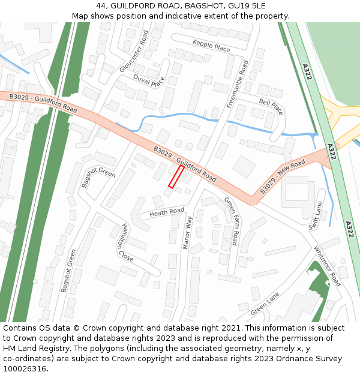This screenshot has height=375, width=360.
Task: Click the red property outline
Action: point(176,177)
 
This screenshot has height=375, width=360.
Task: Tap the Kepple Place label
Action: point(211,45)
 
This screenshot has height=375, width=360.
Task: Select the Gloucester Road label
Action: point(133,52)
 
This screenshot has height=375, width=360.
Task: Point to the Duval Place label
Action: point(149,81)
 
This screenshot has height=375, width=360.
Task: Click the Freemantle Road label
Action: point(237,84)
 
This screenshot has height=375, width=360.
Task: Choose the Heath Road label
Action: point(167,212)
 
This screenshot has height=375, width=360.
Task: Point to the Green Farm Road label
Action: point(231,221)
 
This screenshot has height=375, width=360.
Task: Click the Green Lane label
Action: point(265,304)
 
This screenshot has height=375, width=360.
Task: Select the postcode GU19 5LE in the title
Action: point(242,6)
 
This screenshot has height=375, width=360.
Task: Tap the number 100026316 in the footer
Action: point(26,369)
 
